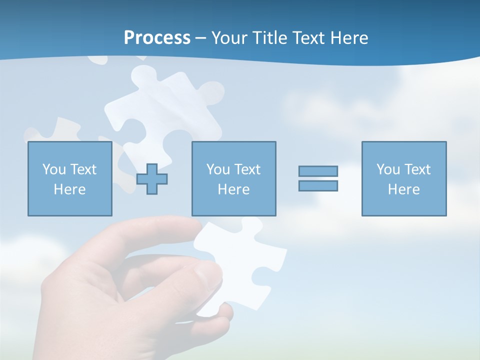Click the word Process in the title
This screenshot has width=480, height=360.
coord(157,38)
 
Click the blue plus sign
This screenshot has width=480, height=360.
coord(152,179)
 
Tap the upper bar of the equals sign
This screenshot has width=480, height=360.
coord(318,171)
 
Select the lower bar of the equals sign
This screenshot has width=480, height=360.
coord(318,185)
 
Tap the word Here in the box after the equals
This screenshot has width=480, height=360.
coord(403,189)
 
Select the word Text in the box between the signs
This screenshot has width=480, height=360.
coord(247,169)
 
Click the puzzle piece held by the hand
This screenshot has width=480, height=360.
coord(240,255)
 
